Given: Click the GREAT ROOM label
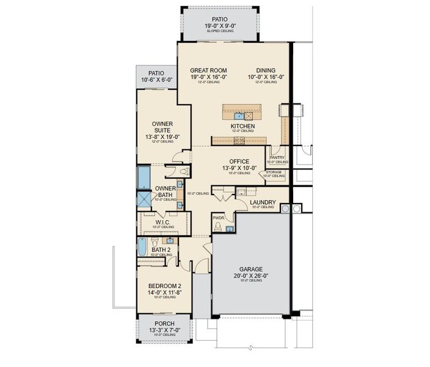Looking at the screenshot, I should click(x=209, y=70).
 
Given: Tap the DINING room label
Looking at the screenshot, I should click(x=266, y=70).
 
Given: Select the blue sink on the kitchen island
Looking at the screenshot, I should click(x=239, y=115).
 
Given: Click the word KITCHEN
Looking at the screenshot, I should click(x=242, y=126).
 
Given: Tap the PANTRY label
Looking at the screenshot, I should click(x=277, y=157).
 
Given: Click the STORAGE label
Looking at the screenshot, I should click(x=274, y=172).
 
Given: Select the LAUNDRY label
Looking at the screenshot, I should click(x=263, y=202).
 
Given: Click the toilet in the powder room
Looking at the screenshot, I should click(x=218, y=226).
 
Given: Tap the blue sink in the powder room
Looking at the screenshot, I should click(x=230, y=229).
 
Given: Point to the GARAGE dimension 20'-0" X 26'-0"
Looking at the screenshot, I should click(x=251, y=276).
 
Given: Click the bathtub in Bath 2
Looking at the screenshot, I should click(x=142, y=247).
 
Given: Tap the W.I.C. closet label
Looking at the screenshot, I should click(x=162, y=222).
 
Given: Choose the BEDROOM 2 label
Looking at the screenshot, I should click(x=164, y=286).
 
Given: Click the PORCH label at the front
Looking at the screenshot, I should click(x=164, y=324).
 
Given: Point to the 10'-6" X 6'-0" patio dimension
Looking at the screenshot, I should click(x=157, y=80).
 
